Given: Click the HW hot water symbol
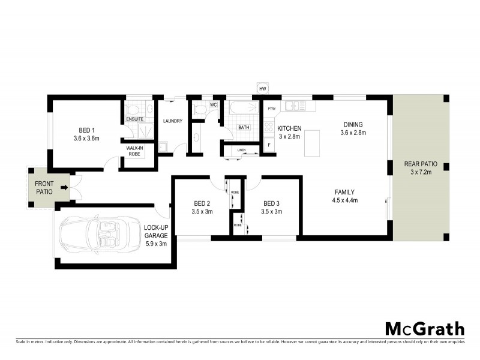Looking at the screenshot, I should [262, 89].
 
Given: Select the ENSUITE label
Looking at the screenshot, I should [134, 119].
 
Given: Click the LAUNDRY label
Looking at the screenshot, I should [172, 121].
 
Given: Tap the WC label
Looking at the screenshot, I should [212, 106].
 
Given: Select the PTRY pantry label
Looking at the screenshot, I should [271, 109].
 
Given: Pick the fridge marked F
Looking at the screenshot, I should [269, 146].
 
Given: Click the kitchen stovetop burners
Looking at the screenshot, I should [269, 127].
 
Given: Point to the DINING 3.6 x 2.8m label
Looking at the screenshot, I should [353, 128].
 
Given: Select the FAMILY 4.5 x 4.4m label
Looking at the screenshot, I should [346, 196].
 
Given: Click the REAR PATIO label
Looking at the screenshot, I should [420, 168].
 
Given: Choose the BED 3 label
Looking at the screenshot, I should [272, 207].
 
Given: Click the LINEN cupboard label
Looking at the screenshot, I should [241, 150].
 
